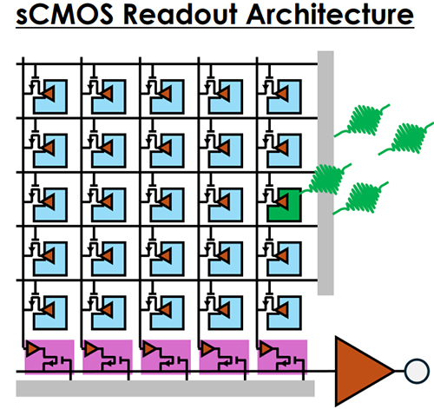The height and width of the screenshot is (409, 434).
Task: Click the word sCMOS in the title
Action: (x=64, y=14)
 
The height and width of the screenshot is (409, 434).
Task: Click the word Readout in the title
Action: (x=181, y=14)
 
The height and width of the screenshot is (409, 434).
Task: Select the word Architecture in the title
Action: (x=330, y=14)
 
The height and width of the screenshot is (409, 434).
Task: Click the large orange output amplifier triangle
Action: (x=362, y=371)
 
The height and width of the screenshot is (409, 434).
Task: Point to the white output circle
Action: (x=417, y=371)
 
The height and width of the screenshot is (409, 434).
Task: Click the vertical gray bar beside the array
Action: (x=325, y=173)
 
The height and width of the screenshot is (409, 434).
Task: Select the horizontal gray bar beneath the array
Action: (x=165, y=388)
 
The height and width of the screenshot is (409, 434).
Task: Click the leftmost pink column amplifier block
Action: (x=49, y=357)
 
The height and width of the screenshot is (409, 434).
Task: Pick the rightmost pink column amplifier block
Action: (x=282, y=357)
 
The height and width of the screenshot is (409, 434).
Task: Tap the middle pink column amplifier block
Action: (x=166, y=357)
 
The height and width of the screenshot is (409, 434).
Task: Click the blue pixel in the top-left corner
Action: (x=55, y=102)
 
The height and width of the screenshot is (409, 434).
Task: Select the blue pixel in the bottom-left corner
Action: (x=55, y=320)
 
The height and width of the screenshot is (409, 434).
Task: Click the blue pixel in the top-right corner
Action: (x=289, y=102)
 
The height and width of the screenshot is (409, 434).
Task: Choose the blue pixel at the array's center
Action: (x=172, y=211)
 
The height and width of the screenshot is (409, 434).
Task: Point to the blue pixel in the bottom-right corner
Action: (x=289, y=320)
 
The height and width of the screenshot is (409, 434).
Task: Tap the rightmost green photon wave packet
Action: (x=408, y=138)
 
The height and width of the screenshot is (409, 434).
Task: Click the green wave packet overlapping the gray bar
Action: (x=326, y=179)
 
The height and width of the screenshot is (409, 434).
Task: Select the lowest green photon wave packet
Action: (x=361, y=198)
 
